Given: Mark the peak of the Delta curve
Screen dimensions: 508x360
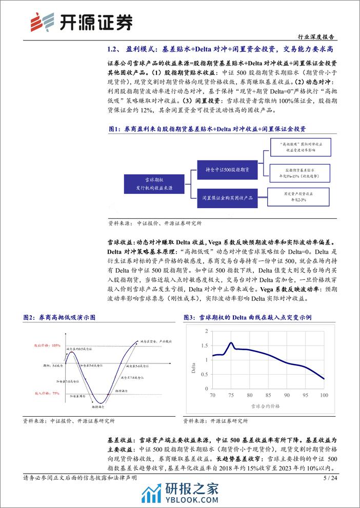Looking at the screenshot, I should tap(231, 343).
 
